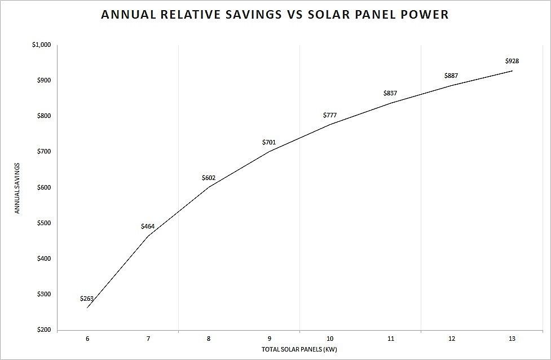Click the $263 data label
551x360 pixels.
pos(87,298)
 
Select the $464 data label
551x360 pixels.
pos(148,226)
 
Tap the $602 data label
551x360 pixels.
pos(209,178)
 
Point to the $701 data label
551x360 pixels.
pos(269,142)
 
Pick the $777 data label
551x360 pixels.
pos(330,115)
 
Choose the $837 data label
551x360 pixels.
pos(390,93)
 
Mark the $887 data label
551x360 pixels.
pos(451,76)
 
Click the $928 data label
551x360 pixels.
pos(512,61)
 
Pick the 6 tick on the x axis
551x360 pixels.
pos(87,339)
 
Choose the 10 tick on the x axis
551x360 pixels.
pos(330,339)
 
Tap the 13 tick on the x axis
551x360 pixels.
pos(512,339)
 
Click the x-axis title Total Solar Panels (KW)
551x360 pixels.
pos(299,349)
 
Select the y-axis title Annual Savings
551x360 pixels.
pos(17,188)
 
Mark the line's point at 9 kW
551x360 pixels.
pos(269,151)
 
